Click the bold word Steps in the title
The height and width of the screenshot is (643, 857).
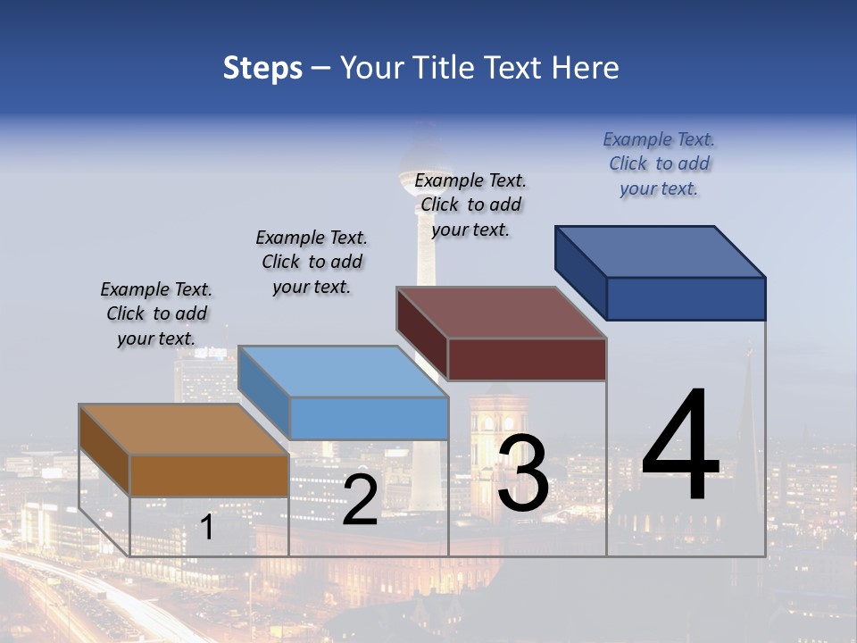(x=262, y=68)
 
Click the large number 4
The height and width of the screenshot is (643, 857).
(x=680, y=447)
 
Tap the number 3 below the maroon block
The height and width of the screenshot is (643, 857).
(x=522, y=473)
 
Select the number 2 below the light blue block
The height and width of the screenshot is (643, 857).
(x=360, y=500)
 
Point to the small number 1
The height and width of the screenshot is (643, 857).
(x=206, y=528)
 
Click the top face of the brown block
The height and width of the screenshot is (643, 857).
(x=183, y=430)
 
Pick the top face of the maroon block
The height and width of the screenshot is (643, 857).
(x=501, y=313)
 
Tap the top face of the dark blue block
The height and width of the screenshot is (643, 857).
(x=660, y=252)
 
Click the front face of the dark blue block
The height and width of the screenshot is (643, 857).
(x=686, y=298)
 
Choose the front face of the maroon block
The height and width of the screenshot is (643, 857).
(x=527, y=359)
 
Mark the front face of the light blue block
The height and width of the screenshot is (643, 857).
(x=369, y=418)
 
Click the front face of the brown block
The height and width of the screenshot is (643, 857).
(x=210, y=475)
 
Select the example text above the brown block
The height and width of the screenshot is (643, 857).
(x=156, y=313)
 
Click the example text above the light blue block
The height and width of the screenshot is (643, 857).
(x=312, y=262)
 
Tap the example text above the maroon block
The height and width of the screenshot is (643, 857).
(x=470, y=205)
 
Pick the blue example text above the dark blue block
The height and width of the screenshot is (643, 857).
(x=659, y=163)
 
